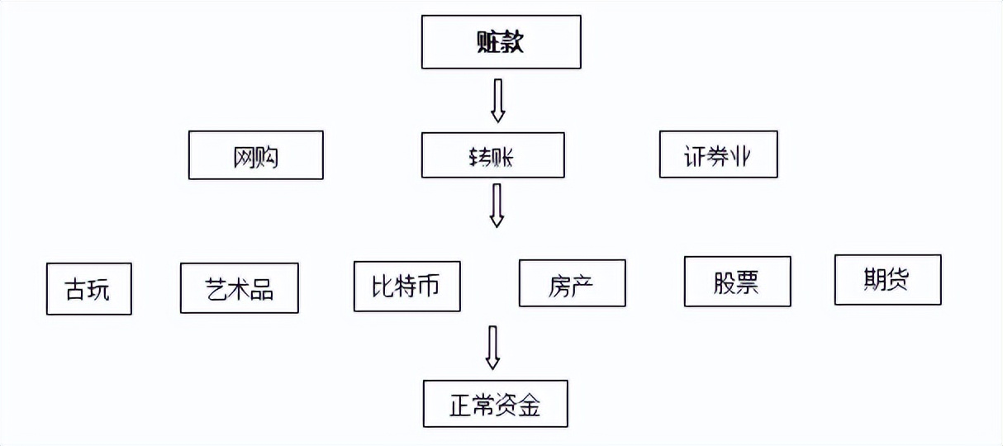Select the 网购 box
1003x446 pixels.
[255, 154]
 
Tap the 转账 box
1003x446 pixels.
[492, 155]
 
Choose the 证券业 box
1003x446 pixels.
[718, 154]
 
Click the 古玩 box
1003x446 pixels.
[88, 289]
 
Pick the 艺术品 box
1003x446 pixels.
[239, 288]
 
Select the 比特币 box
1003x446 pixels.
[406, 286]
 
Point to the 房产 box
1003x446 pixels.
[572, 284]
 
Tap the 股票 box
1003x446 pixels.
[737, 282]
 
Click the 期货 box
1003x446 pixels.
[887, 280]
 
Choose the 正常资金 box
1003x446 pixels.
[495, 404]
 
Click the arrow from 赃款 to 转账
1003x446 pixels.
[497, 101]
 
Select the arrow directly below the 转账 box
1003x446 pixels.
[497, 205]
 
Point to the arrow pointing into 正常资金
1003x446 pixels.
[492, 347]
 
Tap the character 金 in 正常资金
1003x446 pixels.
[530, 405]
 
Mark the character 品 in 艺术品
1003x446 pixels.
[262, 289]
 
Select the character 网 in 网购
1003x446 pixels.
[244, 155]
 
